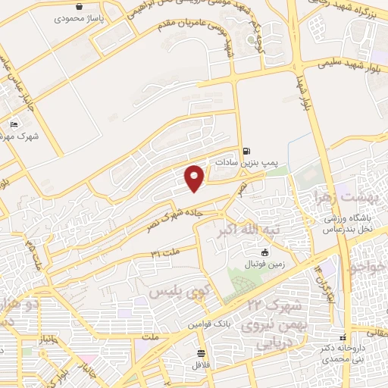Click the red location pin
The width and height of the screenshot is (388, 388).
pos(196,177)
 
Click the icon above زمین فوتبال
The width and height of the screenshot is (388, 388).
pos(264,252)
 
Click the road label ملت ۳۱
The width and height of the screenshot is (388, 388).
pos(166,251)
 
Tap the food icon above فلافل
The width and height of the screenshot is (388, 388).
pos(201,353)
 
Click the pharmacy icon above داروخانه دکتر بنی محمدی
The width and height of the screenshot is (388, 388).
pos(343,337)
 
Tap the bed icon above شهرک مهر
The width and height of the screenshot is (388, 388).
pos(14,124)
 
